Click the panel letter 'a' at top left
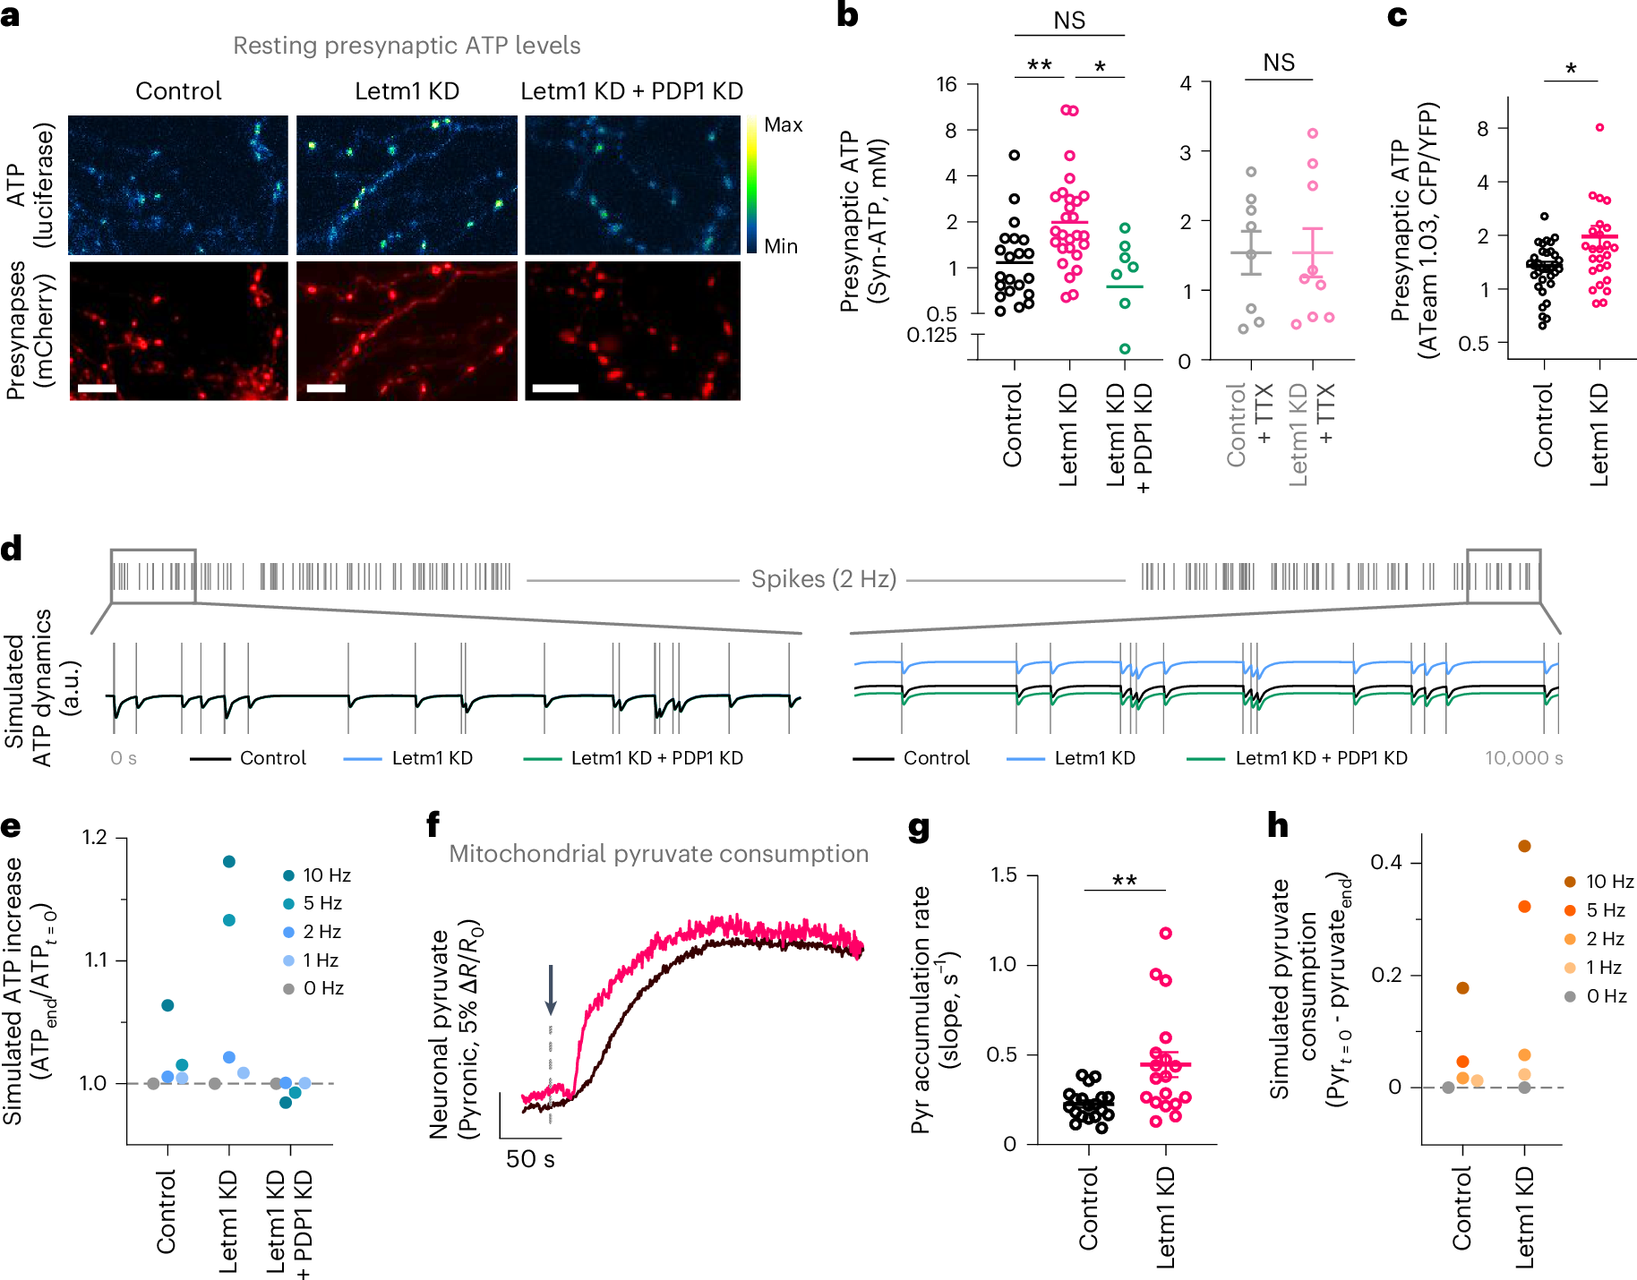[x=10, y=15]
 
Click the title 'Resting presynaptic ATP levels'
[x=407, y=46]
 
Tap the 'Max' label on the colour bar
[x=783, y=125]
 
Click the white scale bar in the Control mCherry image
[x=97, y=388]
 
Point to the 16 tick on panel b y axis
[x=947, y=85]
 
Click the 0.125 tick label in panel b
[x=931, y=336]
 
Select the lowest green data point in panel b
[x=1125, y=348]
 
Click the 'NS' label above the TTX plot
[x=1278, y=63]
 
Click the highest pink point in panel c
[x=1599, y=127]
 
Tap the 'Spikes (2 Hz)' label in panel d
[x=824, y=579]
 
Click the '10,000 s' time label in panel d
[x=1523, y=758]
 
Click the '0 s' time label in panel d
[x=124, y=758]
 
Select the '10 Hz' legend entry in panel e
[x=326, y=875]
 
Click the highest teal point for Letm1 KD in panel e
[x=229, y=861]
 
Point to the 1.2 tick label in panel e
[x=94, y=838]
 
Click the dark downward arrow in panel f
[x=551, y=989]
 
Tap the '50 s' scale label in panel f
[x=530, y=1159]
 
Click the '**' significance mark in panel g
[x=1124, y=881]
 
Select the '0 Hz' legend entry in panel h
[x=1606, y=996]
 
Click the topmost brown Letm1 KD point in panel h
[x=1525, y=846]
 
